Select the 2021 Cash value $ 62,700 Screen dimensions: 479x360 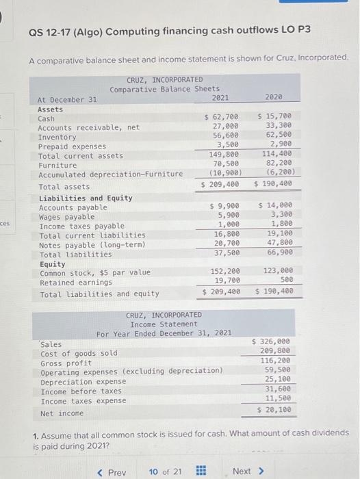pyautogui.click(x=222, y=118)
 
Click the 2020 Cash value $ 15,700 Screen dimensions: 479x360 pyautogui.click(x=274, y=118)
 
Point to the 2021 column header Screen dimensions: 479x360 pyautogui.click(x=221, y=98)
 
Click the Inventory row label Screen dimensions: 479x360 pyautogui.click(x=57, y=137)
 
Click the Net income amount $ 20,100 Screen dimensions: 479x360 pyautogui.click(x=274, y=410)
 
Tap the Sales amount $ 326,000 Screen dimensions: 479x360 pyautogui.click(x=272, y=341)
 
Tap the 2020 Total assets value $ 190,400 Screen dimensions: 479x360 pyautogui.click(x=274, y=185)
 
